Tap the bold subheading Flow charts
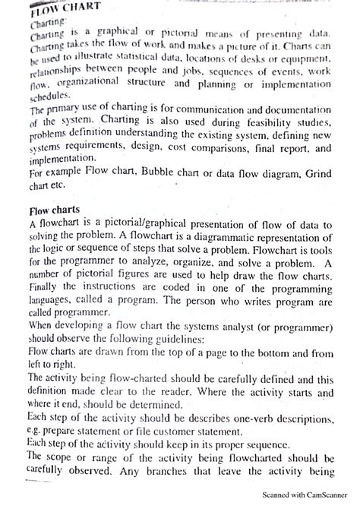pyautogui.click(x=55, y=210)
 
